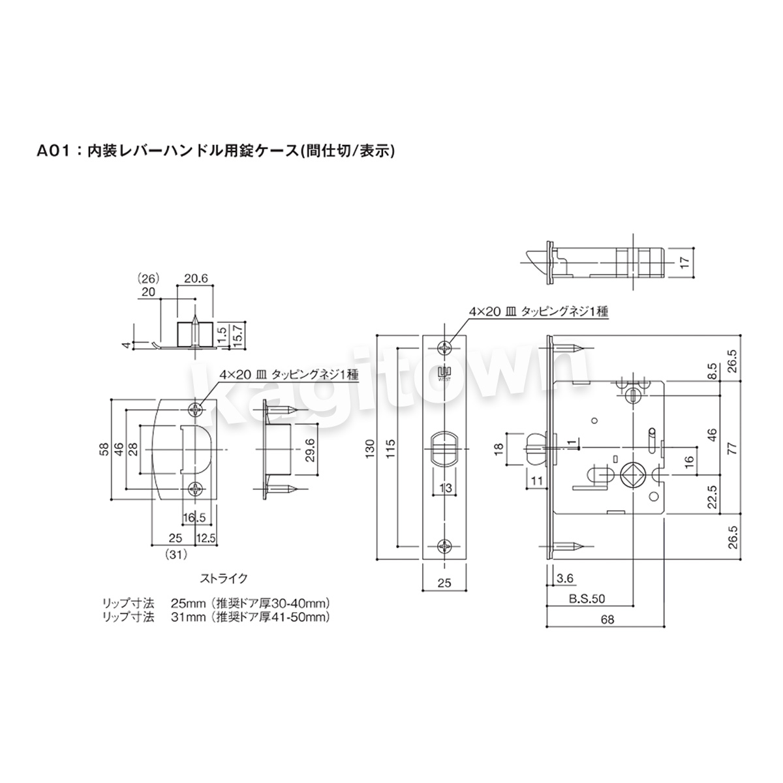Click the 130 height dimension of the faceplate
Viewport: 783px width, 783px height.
[370, 448]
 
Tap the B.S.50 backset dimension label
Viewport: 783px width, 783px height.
[587, 598]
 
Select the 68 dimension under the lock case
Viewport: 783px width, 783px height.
[607, 619]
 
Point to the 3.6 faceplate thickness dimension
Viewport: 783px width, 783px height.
[564, 578]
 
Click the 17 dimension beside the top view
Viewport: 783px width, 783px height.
[685, 262]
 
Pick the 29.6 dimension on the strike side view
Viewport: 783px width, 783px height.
[311, 450]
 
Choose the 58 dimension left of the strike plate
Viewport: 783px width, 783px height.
[104, 449]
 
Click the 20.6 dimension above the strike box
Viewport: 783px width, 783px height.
[196, 279]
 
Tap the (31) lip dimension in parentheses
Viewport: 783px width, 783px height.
[176, 554]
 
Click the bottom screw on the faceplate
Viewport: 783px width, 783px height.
[444, 546]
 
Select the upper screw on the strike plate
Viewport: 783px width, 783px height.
[196, 410]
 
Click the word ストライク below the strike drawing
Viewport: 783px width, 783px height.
[223, 578]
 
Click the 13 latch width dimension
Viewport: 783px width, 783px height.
[445, 487]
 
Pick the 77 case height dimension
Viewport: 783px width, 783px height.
[732, 448]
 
